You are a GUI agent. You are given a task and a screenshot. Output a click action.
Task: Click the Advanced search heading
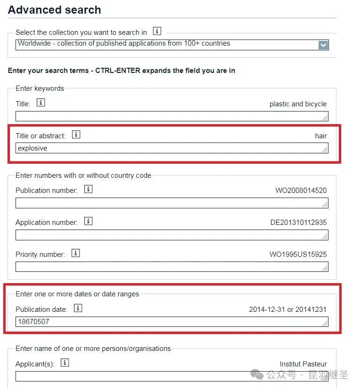[x=54, y=10]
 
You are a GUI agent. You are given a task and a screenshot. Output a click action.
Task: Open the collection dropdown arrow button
[x=323, y=45]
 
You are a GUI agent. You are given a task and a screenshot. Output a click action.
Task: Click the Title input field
[x=172, y=116]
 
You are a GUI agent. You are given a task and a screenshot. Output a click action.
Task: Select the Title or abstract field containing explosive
[x=172, y=148]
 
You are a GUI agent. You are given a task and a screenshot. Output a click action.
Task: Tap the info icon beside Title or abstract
[x=76, y=135]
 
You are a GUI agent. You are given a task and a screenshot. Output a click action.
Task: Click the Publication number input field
[x=172, y=203]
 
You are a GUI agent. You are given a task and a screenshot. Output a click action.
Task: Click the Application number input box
[x=172, y=235]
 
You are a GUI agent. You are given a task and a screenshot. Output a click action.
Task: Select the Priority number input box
[x=172, y=267]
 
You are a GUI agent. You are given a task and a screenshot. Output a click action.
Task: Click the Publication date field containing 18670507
[x=172, y=322]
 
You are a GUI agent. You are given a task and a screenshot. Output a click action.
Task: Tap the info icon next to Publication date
[x=78, y=309]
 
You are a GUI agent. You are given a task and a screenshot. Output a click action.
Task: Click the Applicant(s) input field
[x=172, y=376]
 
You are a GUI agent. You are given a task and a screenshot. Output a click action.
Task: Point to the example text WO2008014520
[x=301, y=191]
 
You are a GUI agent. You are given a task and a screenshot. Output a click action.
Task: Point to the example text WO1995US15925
[x=298, y=254]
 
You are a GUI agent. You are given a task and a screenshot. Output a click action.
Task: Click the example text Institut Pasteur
[x=303, y=364]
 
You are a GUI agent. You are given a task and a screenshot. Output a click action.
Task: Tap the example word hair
[x=321, y=136]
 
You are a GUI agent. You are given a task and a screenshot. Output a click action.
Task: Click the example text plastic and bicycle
[x=298, y=104]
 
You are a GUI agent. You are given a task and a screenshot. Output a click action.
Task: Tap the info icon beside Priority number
[x=76, y=254]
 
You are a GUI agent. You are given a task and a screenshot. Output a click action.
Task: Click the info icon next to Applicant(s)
[x=65, y=363]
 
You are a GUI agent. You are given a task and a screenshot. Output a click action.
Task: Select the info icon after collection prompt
[x=157, y=32]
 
